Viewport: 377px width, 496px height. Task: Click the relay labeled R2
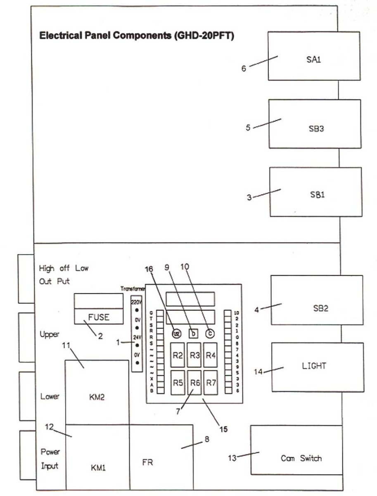point(178,355)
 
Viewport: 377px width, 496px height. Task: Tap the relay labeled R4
point(211,355)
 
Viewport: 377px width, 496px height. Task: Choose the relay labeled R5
point(178,383)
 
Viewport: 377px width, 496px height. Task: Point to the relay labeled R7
point(211,383)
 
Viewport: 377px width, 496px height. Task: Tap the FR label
point(147,463)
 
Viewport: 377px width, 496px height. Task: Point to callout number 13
point(232,457)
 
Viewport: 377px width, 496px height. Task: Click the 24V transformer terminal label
point(136,337)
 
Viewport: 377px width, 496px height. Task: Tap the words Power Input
point(50,459)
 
